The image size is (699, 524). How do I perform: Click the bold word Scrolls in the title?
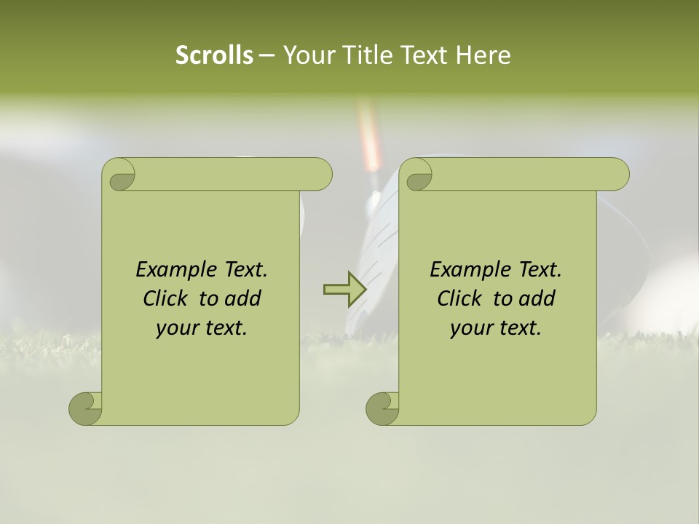coord(214,55)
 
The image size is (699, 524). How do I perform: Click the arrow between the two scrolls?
coord(344,289)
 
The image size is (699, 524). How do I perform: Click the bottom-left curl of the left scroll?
coord(86,408)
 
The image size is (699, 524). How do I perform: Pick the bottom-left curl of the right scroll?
coord(383,408)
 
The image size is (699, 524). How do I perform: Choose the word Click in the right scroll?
coord(459,298)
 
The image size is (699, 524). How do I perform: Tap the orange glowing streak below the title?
coord(370,138)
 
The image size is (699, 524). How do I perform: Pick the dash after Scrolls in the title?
coord(266,55)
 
